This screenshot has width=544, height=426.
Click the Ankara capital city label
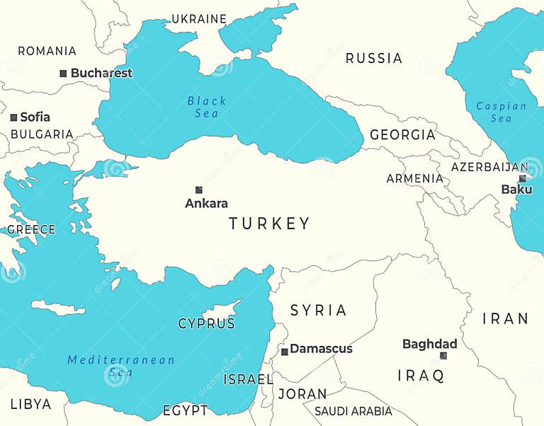point(206,204)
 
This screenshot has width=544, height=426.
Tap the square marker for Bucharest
point(63,74)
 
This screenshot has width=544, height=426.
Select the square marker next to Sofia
point(13,117)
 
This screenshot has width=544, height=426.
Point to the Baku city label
point(516,190)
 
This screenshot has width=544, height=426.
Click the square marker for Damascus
point(285,352)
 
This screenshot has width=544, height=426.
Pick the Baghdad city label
point(429,345)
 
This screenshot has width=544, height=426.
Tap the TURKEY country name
point(269,224)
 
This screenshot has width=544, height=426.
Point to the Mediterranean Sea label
point(120,366)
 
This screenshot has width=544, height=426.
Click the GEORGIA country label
point(402,135)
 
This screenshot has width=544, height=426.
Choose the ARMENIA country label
point(414,179)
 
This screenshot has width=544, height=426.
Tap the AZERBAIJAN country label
point(489,167)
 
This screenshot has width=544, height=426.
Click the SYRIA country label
point(319,311)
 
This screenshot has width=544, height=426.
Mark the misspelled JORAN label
point(302,394)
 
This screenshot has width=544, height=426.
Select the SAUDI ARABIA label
point(353,411)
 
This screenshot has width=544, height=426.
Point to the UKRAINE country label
point(199,19)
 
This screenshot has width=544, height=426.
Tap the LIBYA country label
point(30,404)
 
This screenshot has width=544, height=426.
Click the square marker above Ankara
point(199,190)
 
